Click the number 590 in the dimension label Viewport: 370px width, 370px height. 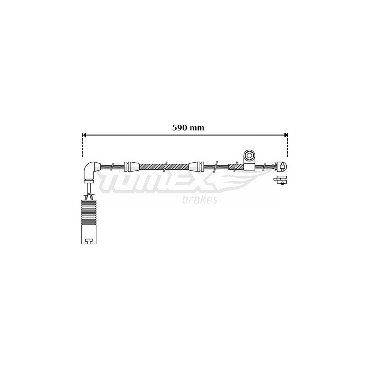[180, 128]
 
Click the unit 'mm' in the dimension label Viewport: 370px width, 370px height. [197, 129]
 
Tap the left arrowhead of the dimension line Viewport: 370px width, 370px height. [84, 135]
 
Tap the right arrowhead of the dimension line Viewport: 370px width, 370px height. [286, 135]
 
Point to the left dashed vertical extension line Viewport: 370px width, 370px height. [83, 145]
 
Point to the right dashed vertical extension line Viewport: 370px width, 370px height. [287, 145]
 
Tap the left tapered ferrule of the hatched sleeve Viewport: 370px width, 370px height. [132, 166]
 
